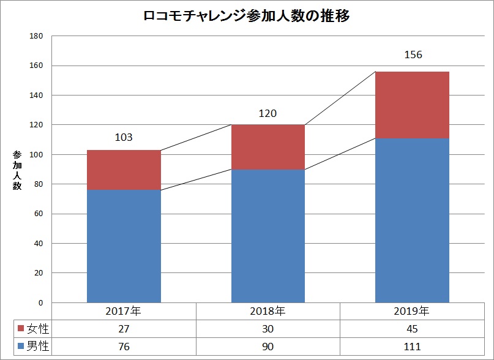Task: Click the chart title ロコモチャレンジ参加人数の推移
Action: (247, 17)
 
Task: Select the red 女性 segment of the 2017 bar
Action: (124, 170)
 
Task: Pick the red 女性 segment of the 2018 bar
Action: (268, 147)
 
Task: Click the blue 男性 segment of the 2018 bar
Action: (268, 236)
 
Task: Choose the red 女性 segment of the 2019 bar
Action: (412, 105)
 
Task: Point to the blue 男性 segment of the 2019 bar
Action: (412, 220)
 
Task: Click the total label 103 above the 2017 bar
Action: (124, 137)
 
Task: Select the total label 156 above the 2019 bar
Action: (413, 54)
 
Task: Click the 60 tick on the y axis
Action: (38, 214)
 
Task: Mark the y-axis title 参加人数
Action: (17, 169)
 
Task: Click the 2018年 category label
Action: (268, 310)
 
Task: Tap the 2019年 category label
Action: (412, 310)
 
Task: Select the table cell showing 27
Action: (124, 329)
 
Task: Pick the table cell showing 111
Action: (412, 346)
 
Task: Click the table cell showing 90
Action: (268, 346)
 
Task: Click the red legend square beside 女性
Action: (20, 329)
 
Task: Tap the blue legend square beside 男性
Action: (20, 346)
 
